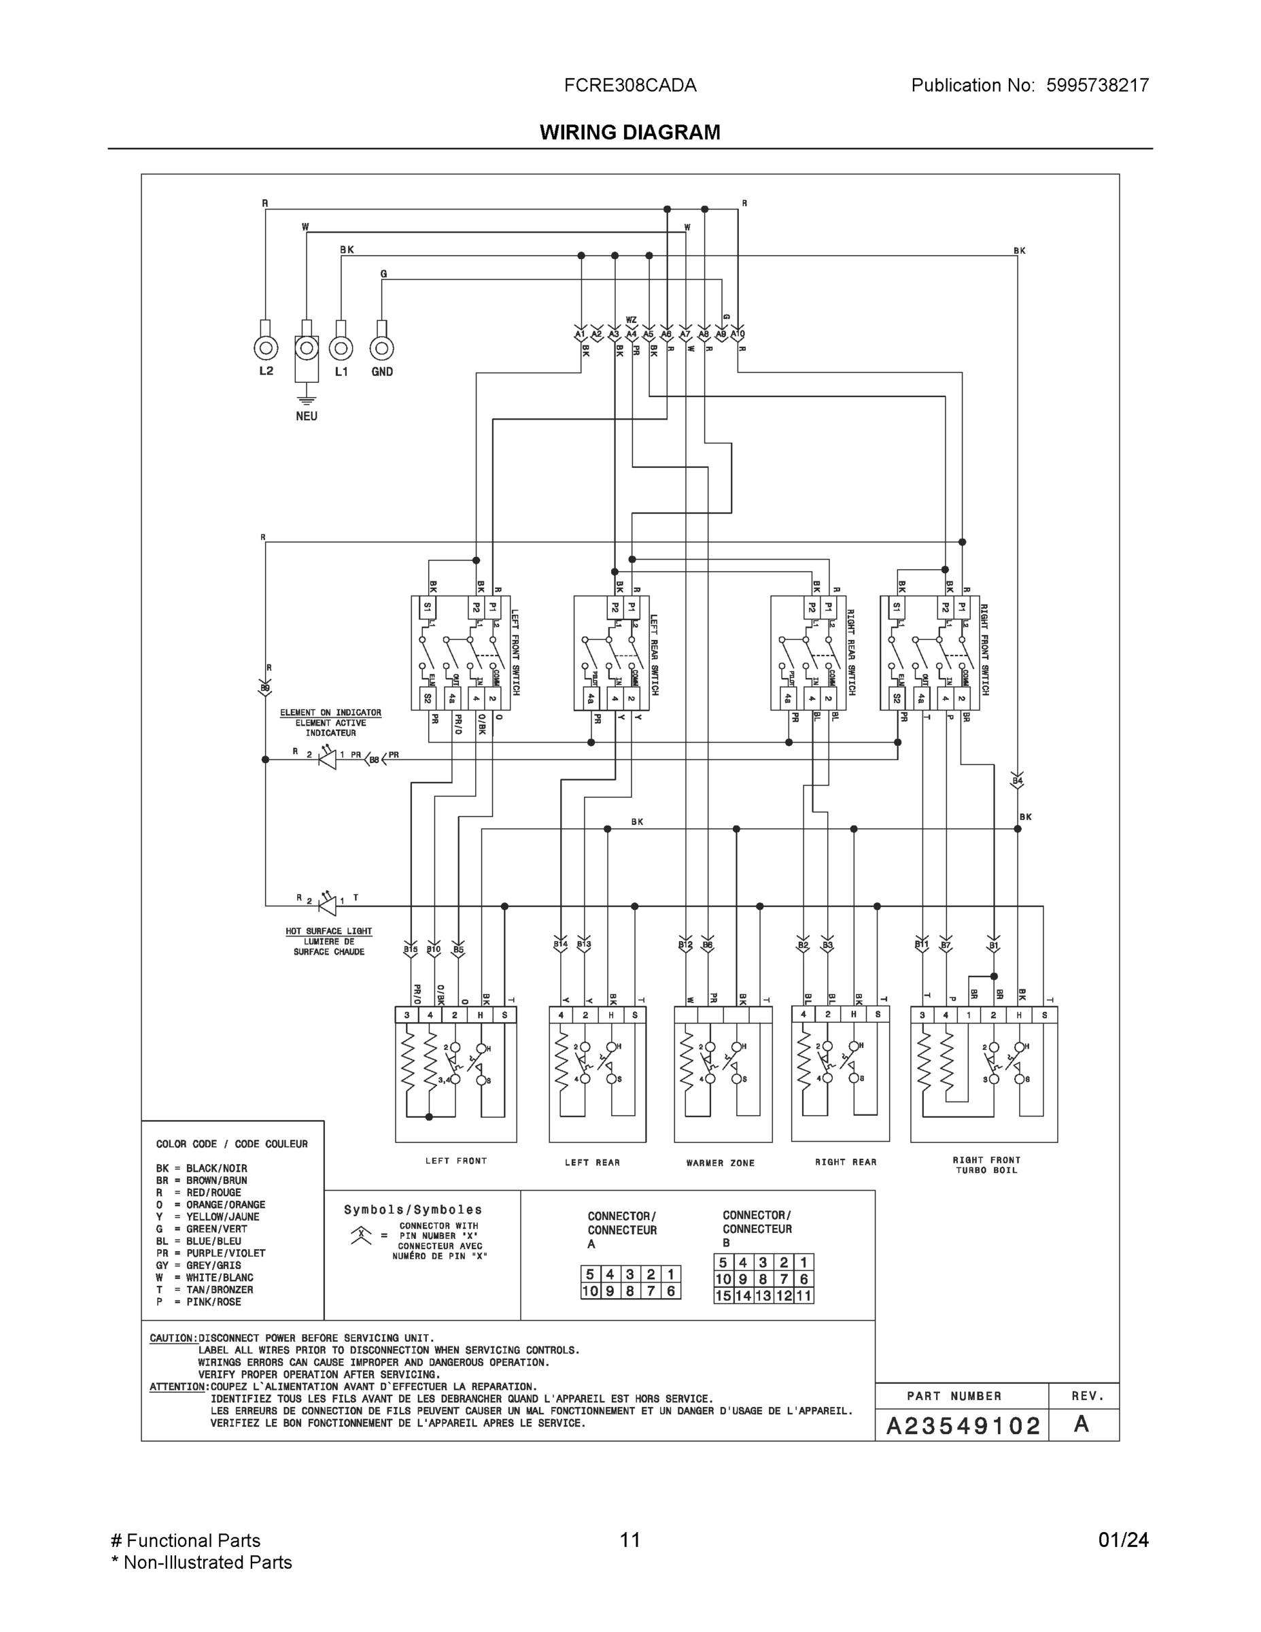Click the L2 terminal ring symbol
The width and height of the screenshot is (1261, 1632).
tap(266, 348)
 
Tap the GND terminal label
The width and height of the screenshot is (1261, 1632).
tap(382, 371)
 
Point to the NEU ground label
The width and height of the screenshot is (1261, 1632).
tap(307, 416)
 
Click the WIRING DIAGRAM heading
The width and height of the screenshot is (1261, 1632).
tap(629, 133)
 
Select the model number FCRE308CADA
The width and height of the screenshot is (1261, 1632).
tap(629, 85)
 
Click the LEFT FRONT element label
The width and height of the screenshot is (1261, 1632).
tap(455, 1161)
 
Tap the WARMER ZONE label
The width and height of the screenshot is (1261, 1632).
tap(720, 1163)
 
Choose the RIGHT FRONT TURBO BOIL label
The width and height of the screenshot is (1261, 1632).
tap(986, 1165)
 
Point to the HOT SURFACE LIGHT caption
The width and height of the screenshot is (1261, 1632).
tap(329, 931)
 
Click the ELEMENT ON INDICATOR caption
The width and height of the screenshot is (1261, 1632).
tap(330, 713)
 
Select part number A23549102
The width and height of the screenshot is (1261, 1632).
tap(962, 1427)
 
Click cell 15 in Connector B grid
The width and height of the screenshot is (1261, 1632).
tap(723, 1295)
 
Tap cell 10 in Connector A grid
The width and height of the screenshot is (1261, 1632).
tap(590, 1291)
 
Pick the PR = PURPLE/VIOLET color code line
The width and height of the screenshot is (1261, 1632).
tap(211, 1253)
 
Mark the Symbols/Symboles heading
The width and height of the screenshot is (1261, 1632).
tap(413, 1210)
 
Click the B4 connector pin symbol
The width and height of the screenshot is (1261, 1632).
tap(1017, 780)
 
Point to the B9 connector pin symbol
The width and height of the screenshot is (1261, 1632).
tap(265, 688)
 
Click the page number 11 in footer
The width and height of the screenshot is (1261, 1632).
tap(629, 1540)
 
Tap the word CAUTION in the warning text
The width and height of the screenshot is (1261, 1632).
tap(173, 1338)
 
